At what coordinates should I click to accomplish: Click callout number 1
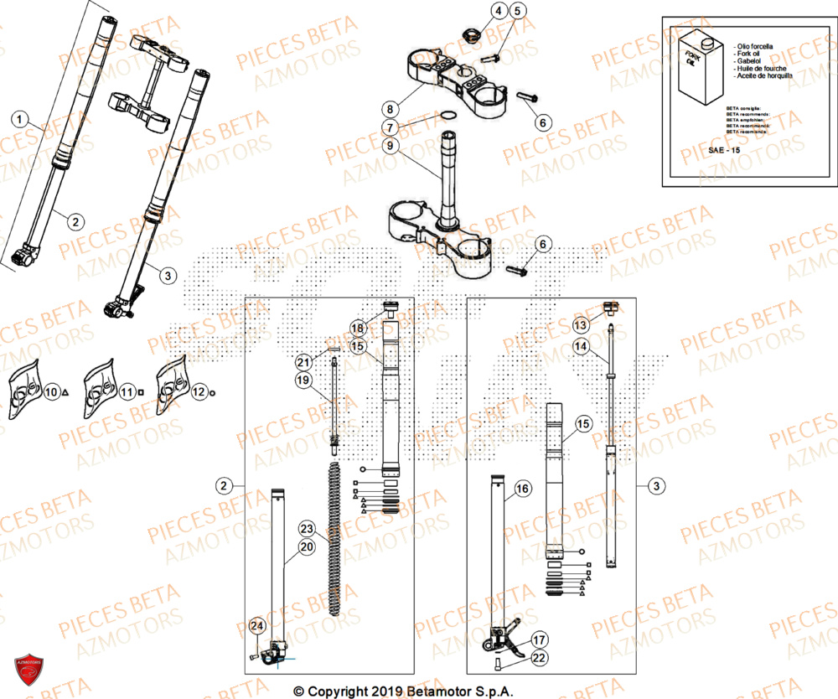point(21,119)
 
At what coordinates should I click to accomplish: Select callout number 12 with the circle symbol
point(198,391)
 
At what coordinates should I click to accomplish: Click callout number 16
point(522,489)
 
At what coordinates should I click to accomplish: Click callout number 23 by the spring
point(306,529)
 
